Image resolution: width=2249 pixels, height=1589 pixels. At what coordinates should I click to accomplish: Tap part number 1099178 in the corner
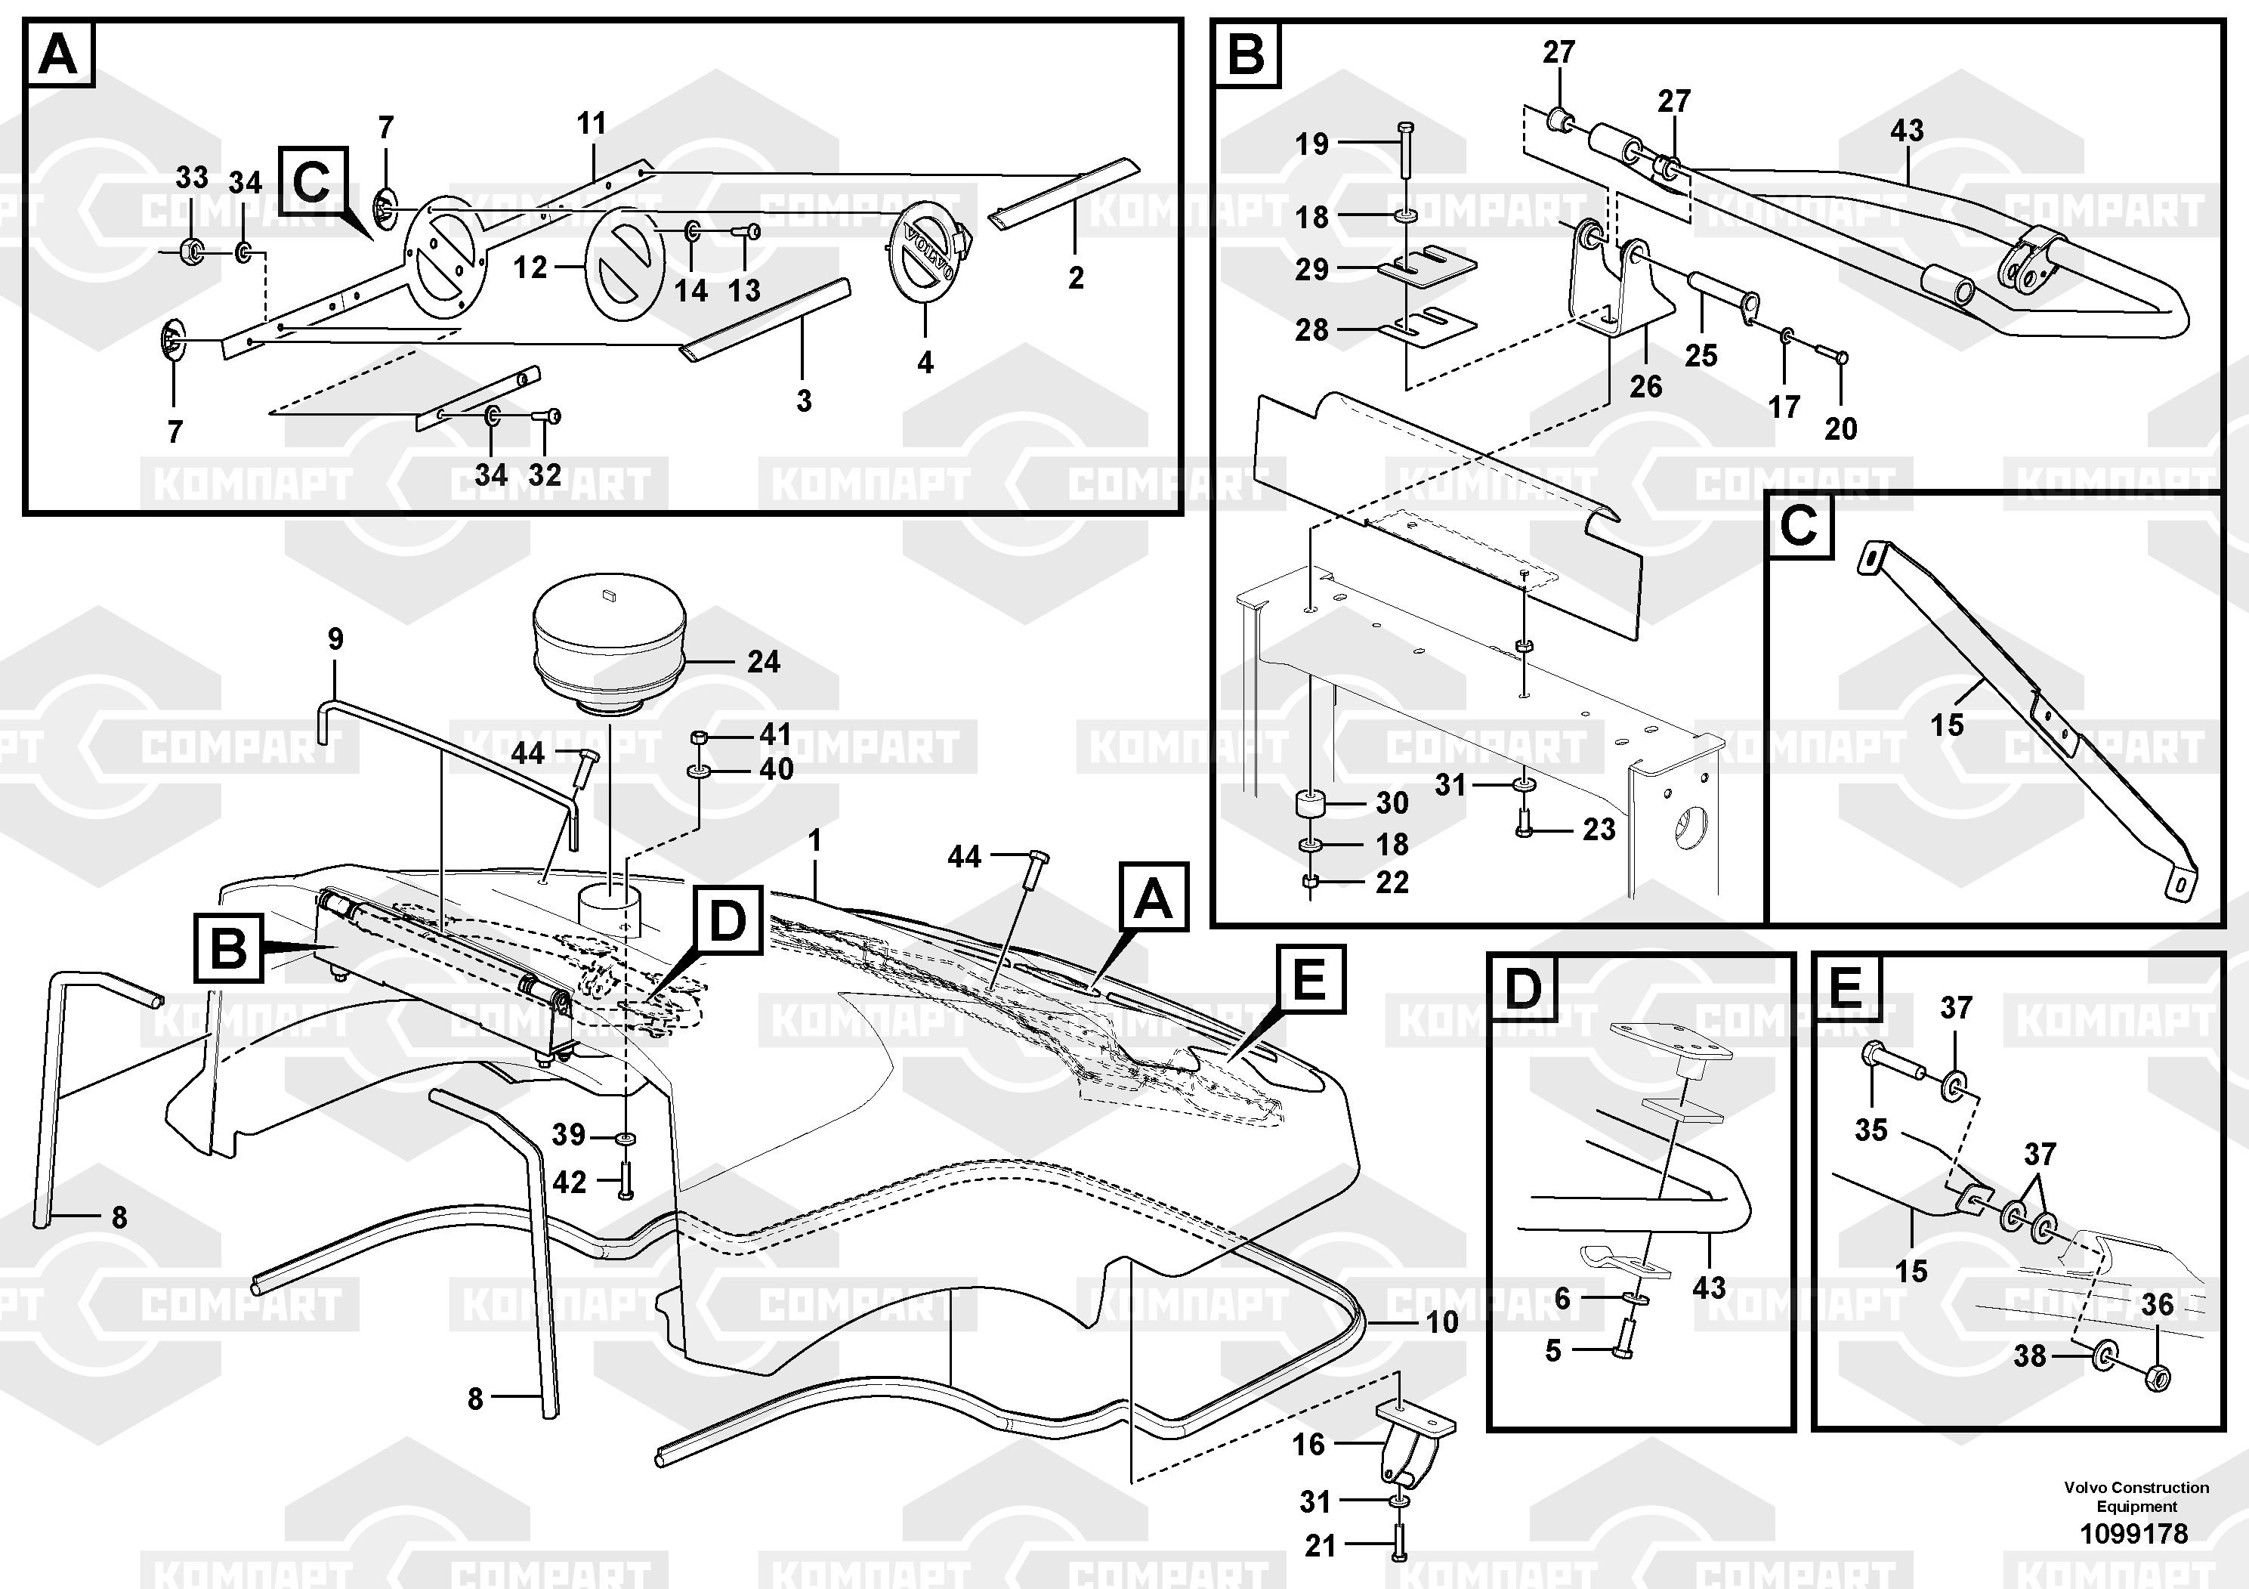click(2133, 1533)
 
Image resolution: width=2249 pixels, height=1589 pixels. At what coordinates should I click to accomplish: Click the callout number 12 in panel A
click(530, 267)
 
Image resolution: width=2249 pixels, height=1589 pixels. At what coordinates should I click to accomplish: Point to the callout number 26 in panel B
click(1645, 386)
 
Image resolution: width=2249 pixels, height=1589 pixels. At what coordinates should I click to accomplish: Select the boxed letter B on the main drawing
click(228, 948)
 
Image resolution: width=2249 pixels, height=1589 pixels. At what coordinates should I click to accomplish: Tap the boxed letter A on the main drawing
click(1152, 898)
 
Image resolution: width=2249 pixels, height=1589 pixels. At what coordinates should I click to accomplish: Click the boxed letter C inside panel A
click(311, 181)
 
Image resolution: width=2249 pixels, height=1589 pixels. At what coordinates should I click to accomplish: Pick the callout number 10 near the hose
click(1442, 1322)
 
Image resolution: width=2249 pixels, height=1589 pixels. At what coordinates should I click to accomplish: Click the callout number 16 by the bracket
click(1308, 1444)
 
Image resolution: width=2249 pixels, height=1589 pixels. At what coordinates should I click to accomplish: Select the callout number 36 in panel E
click(2157, 1304)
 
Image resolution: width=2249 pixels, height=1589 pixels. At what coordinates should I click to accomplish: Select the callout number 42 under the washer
click(569, 1182)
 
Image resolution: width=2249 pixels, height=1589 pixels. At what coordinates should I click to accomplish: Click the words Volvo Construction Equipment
click(2136, 1496)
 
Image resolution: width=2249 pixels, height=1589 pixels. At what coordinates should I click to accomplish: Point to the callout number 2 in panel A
click(1076, 277)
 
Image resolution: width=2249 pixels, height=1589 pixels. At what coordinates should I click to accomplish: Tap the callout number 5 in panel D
click(1552, 1350)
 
